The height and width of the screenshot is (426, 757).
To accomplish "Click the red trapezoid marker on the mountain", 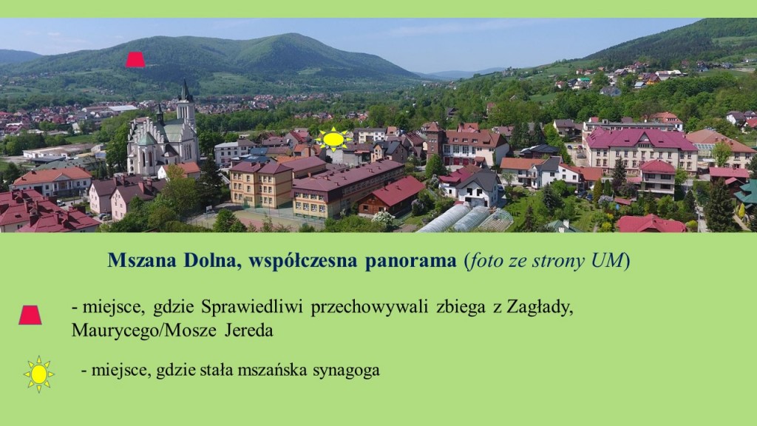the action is coord(136,60).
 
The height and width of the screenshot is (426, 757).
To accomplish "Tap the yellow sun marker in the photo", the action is coord(333,139).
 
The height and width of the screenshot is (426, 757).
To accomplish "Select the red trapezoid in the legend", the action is coord(30,315).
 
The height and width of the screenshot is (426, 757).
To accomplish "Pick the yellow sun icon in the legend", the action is coord(39,374).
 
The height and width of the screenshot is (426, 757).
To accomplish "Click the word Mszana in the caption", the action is coord(141,260).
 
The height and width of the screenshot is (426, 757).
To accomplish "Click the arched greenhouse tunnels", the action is coord(464,219).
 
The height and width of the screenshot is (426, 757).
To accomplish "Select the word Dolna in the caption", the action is coord(209,260).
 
